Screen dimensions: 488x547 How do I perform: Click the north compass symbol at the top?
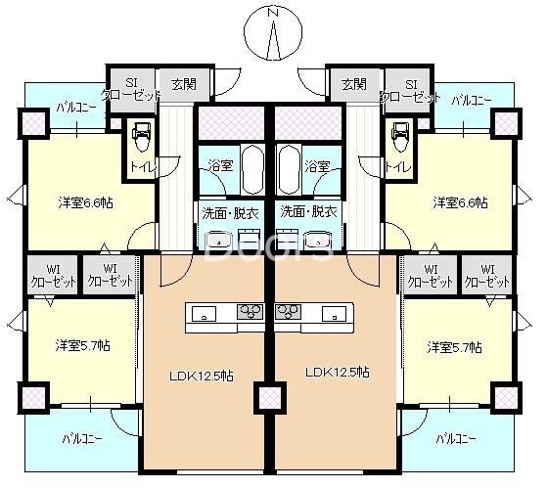[274, 34]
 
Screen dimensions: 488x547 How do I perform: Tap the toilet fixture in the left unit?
[140, 137]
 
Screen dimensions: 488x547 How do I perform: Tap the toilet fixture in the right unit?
[399, 137]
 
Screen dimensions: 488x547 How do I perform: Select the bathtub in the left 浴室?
[251, 168]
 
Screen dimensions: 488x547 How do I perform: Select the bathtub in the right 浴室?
[289, 168]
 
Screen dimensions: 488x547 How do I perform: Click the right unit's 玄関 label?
[354, 84]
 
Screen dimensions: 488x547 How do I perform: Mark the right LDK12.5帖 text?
[337, 373]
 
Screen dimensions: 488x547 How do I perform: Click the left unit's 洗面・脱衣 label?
[231, 211]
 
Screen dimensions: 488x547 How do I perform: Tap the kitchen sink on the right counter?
[330, 314]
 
